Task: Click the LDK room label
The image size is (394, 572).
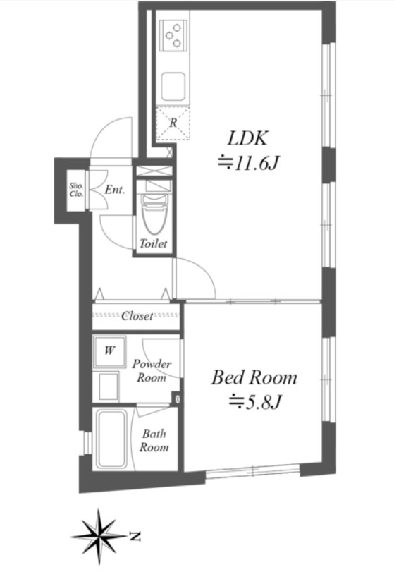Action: (x=248, y=138)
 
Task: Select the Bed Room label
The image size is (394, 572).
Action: (x=254, y=377)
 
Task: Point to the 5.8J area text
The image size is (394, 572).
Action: (x=255, y=402)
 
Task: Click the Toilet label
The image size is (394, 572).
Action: (x=154, y=244)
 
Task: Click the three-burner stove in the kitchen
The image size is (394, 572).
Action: (x=173, y=35)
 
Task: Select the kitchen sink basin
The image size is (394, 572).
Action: (x=173, y=87)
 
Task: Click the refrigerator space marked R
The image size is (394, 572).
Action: (x=173, y=123)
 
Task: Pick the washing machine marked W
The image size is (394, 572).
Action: (x=109, y=352)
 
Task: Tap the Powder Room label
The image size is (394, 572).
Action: (x=152, y=370)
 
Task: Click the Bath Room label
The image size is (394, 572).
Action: (x=154, y=440)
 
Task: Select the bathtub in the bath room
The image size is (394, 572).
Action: (x=111, y=439)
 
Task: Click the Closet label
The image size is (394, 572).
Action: (x=137, y=316)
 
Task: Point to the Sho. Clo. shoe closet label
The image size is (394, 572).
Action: (x=76, y=190)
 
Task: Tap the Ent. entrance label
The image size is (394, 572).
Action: (x=115, y=190)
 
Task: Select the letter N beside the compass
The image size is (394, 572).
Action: (x=135, y=537)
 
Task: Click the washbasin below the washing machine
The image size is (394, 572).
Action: (x=109, y=387)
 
